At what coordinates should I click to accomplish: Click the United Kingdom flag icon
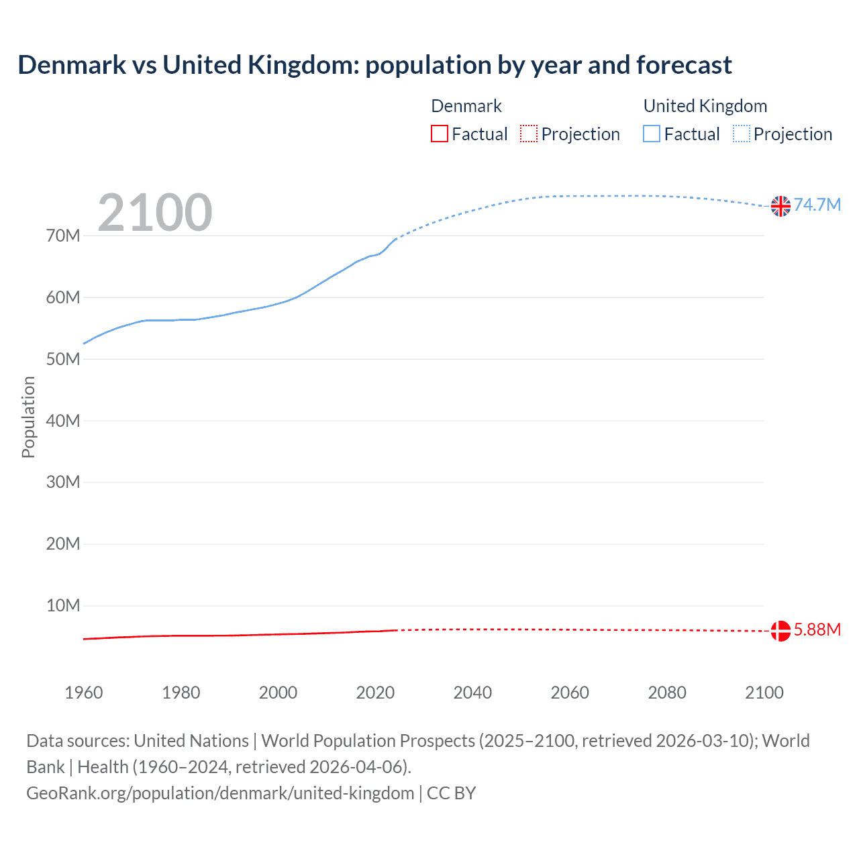coord(780,206)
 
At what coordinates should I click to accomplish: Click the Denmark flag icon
coord(780,631)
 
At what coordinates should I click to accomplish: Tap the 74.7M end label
coord(817,205)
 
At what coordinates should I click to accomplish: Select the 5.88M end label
coord(817,629)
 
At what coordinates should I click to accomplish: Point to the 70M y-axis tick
coord(63,236)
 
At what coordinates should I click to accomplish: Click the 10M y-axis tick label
coord(63,605)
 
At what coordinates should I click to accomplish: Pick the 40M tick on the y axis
coord(63,421)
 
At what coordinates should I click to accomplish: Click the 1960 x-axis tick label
coord(84,693)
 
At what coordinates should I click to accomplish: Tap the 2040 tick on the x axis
coord(472,693)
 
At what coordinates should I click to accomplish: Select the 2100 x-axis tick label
coord(764,693)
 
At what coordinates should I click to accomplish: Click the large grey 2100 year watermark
coord(155,213)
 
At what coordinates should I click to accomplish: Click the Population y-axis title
coord(28,417)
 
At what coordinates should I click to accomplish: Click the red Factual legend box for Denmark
coord(440,134)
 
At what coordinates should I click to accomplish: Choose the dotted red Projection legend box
coord(529,134)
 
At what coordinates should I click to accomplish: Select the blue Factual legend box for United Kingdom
coord(652,134)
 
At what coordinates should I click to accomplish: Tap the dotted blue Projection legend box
coord(742,134)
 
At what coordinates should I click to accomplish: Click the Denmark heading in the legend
coord(466,106)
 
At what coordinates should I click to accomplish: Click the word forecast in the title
coord(684,65)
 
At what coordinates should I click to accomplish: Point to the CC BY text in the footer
coord(451,793)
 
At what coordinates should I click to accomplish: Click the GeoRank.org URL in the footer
coord(220,793)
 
